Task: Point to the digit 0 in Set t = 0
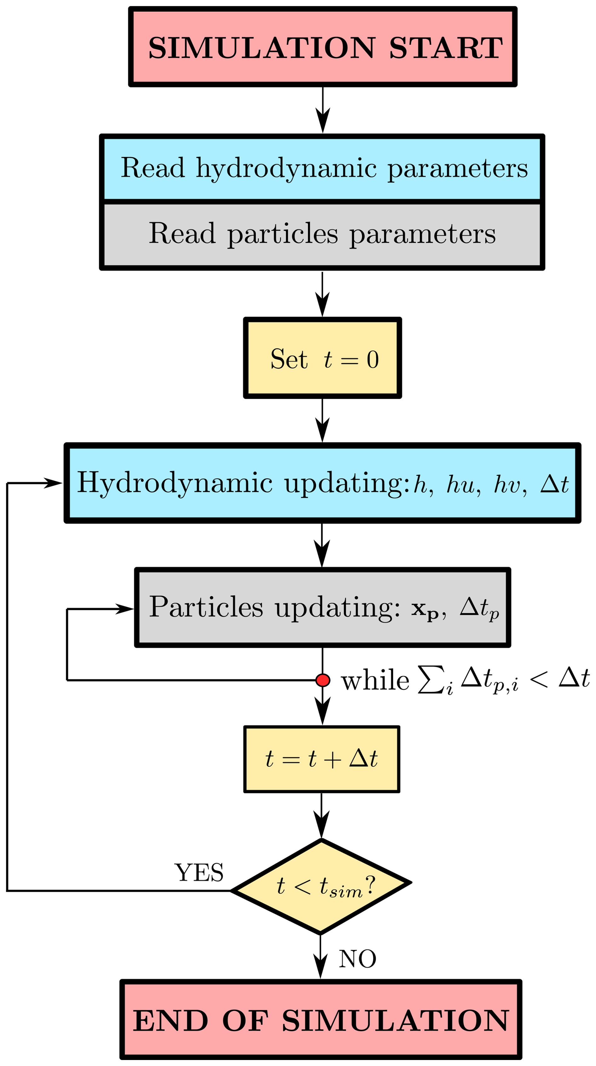point(373,360)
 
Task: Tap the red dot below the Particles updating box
point(323,680)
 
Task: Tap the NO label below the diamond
point(357,959)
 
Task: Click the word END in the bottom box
point(170,1021)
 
